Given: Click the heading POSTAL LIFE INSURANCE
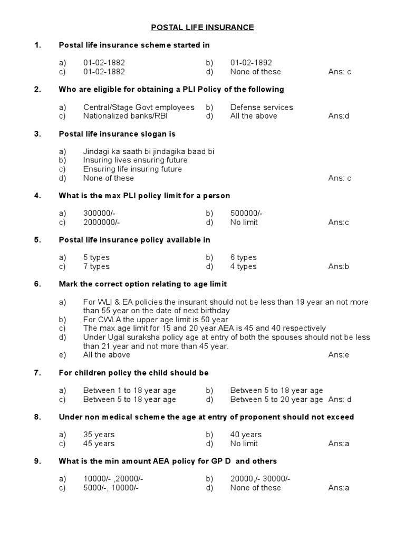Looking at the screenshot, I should pyautogui.click(x=202, y=27).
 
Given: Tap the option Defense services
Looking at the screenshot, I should pyautogui.click(x=261, y=107).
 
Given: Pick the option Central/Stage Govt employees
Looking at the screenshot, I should pyautogui.click(x=139, y=107).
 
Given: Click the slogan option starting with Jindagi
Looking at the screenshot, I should pyautogui.click(x=149, y=151).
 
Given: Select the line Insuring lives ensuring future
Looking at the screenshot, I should pyautogui.click(x=135, y=160).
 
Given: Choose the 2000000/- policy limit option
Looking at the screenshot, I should pyautogui.click(x=101, y=222).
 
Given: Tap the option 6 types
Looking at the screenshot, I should pyautogui.click(x=243, y=257).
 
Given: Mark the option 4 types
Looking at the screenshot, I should pyautogui.click(x=243, y=266).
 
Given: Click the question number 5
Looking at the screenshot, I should pyautogui.click(x=37, y=240).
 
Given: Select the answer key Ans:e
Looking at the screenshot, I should pyautogui.click(x=339, y=355).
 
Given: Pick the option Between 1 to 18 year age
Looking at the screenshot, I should pyautogui.click(x=130, y=390).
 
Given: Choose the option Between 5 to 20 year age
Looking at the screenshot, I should pyautogui.click(x=276, y=399).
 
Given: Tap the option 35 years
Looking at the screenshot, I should pyautogui.click(x=99, y=435).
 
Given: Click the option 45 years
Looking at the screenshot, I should pyautogui.click(x=99, y=443).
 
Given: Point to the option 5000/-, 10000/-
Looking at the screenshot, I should pyautogui.click(x=111, y=488).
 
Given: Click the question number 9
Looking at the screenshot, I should pyautogui.click(x=37, y=461).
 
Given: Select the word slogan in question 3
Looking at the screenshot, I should pyautogui.click(x=155, y=134).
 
